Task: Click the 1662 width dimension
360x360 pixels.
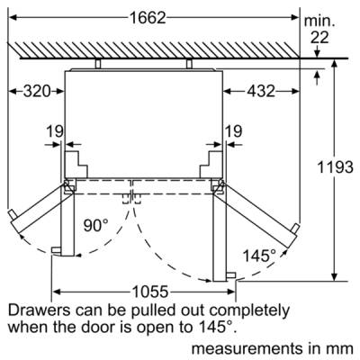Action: point(148,18)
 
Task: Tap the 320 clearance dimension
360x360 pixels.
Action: point(37,91)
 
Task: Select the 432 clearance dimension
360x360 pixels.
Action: point(261,91)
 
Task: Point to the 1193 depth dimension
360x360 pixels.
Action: point(335,166)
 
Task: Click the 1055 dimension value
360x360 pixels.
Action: point(150,292)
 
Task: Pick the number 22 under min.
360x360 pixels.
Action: point(319,38)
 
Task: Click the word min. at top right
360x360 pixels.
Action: point(319,22)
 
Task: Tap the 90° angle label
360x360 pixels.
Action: point(95,226)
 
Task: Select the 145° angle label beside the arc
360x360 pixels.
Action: point(259,256)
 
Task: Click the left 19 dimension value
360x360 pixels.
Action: point(55,131)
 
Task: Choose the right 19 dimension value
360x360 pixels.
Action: point(233,131)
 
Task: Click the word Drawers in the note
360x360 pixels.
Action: point(40,310)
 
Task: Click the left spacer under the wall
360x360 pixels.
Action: point(98,64)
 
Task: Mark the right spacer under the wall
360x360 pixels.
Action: point(189,64)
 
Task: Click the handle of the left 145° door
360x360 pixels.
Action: point(12,215)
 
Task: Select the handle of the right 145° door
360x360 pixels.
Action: point(294,229)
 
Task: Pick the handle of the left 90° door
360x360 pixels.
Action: point(57,250)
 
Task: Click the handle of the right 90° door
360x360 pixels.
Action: point(231,275)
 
